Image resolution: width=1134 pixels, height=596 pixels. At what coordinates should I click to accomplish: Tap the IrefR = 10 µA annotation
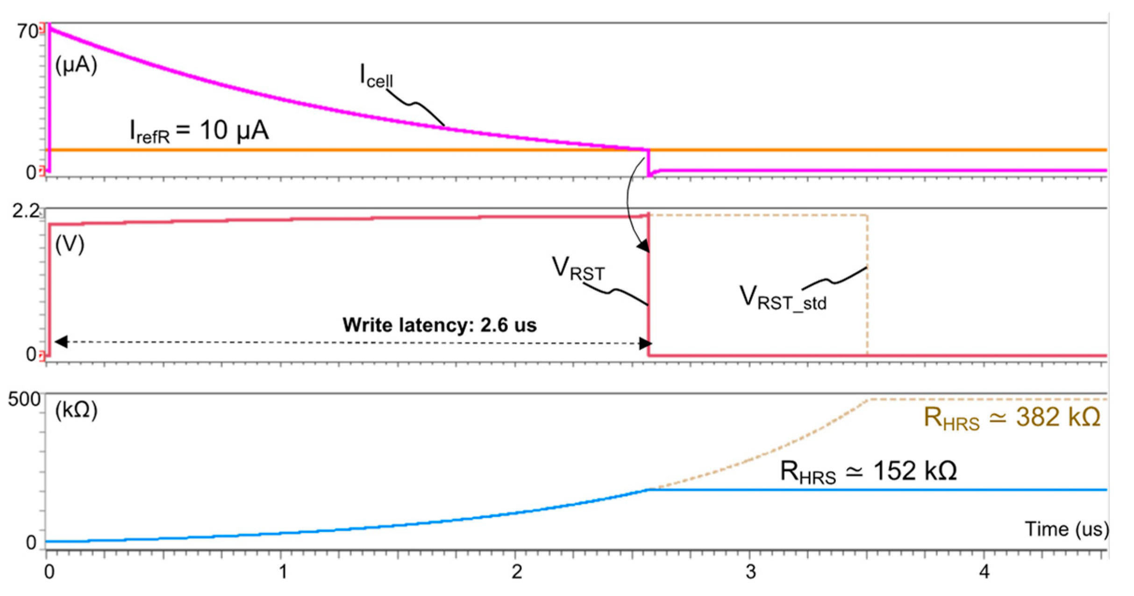tap(199, 131)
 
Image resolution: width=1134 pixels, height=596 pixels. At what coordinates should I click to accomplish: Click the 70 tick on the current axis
tap(27, 31)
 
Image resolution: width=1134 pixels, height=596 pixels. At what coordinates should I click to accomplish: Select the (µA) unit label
tap(76, 65)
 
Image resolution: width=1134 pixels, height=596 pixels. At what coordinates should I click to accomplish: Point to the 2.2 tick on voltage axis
tap(26, 211)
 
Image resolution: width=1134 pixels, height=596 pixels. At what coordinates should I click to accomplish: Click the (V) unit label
tap(70, 244)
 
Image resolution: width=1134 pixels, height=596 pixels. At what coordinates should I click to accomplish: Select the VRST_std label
tap(783, 298)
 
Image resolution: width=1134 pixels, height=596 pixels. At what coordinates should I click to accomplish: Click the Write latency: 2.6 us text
tap(439, 325)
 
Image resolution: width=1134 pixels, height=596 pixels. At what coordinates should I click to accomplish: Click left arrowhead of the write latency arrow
tap(61, 342)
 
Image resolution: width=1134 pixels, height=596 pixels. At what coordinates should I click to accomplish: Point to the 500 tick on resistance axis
tap(24, 400)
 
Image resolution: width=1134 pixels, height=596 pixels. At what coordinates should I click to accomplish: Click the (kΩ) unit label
tap(76, 411)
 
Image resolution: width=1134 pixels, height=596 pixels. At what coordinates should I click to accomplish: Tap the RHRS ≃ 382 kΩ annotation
tap(1012, 418)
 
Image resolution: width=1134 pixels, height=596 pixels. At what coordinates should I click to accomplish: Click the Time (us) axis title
tap(1067, 529)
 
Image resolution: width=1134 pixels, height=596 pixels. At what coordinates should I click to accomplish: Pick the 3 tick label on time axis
tap(750, 572)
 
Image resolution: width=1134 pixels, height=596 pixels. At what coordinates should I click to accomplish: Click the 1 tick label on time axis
tap(283, 572)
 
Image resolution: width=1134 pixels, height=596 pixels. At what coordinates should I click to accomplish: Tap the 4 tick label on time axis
tap(984, 572)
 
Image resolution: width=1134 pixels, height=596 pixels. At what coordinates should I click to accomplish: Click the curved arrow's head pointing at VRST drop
tap(644, 246)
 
